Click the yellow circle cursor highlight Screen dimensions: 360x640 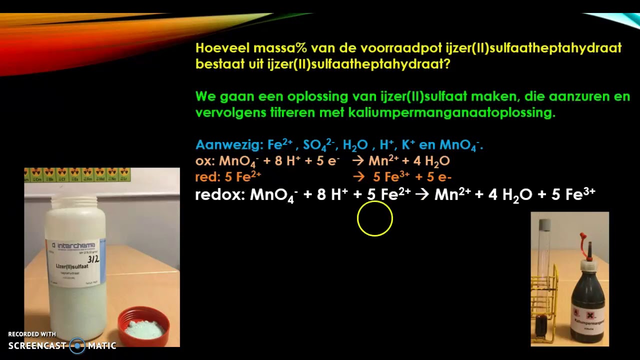coord(375,218)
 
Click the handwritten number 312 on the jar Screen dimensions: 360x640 coord(93,259)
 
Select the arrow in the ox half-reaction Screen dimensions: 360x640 coord(357,161)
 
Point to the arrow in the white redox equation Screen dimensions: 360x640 coord(422,195)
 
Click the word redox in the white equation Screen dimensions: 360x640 coord(219,195)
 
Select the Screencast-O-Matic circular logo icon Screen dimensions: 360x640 coord(77,345)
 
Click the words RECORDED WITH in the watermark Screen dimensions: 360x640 coord(32,334)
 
